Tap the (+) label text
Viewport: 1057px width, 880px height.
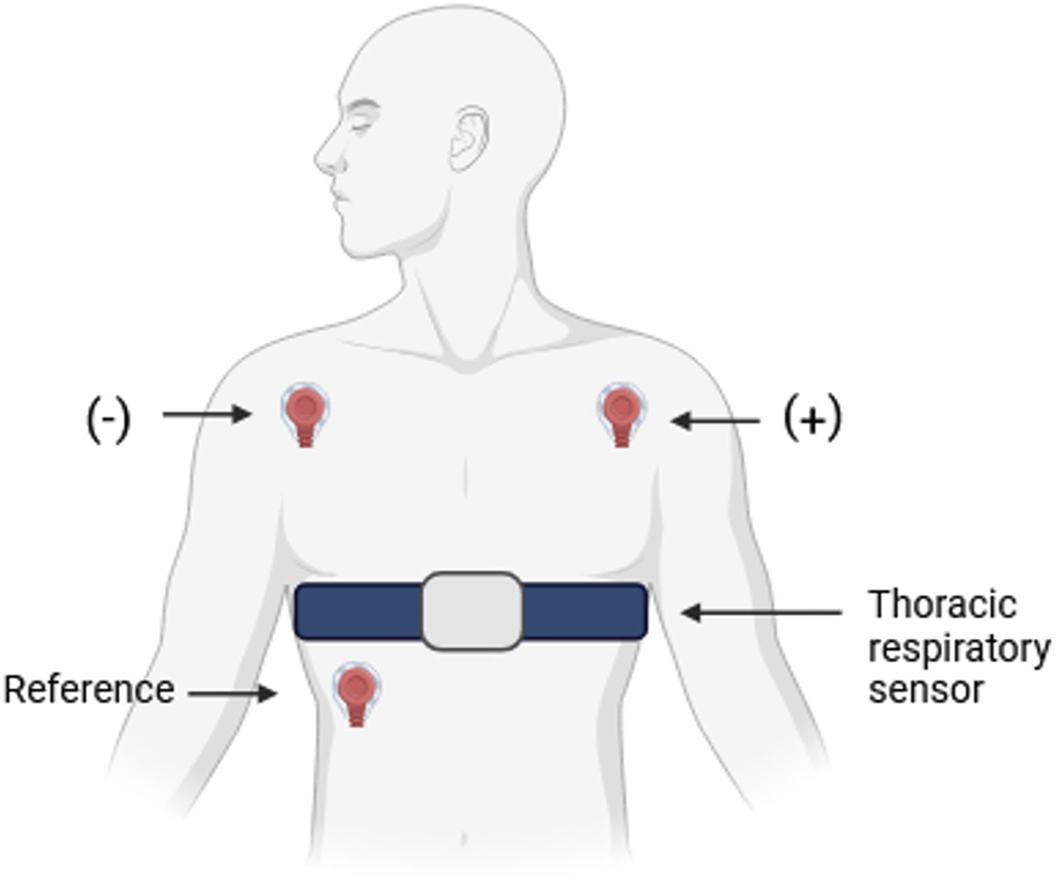[x=813, y=419]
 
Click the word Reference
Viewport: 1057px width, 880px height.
[x=89, y=690]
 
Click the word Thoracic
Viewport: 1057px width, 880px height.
[x=942, y=605]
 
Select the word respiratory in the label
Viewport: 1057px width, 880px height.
[x=959, y=648]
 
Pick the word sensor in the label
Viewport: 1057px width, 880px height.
[x=926, y=690]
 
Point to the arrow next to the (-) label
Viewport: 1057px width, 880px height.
[x=206, y=414]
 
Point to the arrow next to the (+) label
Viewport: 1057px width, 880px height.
[x=715, y=421]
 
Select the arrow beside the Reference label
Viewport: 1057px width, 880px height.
[x=233, y=694]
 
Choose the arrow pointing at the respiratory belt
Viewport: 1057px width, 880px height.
[x=761, y=613]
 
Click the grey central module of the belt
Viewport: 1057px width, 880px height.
[x=472, y=611]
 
